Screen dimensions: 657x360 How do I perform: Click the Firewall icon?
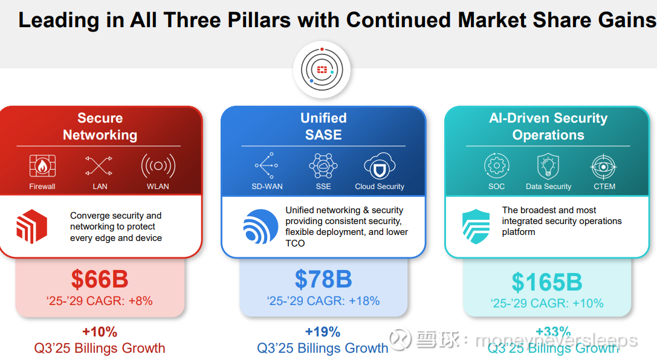click(42, 166)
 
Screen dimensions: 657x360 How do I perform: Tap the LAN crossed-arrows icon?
click(99, 166)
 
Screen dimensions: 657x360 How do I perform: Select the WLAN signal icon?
click(158, 166)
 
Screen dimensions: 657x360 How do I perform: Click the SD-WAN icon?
click(267, 166)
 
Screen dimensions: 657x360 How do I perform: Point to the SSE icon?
click(323, 166)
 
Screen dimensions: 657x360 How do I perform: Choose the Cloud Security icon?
click(380, 166)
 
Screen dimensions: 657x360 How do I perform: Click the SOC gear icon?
click(496, 166)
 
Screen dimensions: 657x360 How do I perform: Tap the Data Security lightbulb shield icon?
click(548, 166)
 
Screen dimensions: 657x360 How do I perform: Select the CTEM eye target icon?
click(603, 166)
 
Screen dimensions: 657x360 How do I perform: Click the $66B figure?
click(100, 279)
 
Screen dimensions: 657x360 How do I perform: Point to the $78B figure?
click(323, 279)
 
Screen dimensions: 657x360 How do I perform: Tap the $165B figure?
click(547, 282)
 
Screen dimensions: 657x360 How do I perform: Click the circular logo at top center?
click(322, 70)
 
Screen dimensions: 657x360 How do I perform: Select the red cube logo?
click(31, 227)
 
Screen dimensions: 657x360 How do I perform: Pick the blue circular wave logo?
click(261, 227)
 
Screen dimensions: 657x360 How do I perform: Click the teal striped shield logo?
click(476, 227)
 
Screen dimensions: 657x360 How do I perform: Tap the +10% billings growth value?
click(99, 332)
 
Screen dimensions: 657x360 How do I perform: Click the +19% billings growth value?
click(323, 332)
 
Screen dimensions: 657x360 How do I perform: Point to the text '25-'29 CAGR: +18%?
click(323, 301)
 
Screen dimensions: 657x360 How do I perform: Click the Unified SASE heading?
click(323, 126)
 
